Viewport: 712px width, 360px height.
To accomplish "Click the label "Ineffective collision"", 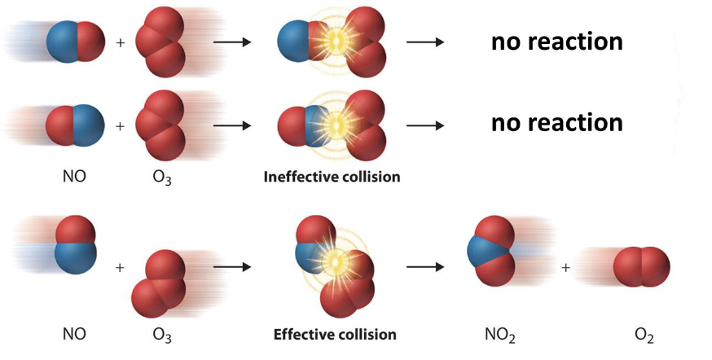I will (332, 176).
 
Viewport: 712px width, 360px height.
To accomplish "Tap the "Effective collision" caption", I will (335, 334).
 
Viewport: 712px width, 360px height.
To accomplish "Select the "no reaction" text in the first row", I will (556, 42).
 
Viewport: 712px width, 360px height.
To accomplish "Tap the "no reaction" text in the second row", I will (556, 123).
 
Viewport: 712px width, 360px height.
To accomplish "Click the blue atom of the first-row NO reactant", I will (63, 42).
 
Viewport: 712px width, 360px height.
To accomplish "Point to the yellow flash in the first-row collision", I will (333, 42).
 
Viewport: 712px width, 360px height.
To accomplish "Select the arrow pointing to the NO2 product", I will (425, 266).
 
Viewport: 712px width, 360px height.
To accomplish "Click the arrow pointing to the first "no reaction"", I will (425, 42).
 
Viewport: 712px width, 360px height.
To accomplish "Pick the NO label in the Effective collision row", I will (74, 334).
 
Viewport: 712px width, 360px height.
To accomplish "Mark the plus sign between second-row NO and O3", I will (121, 125).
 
